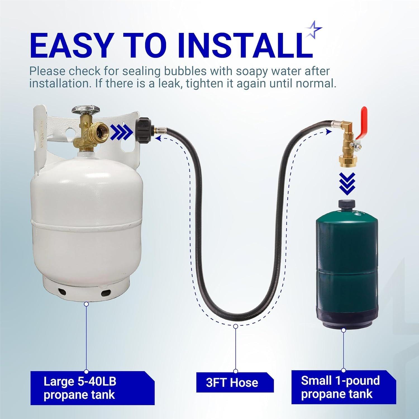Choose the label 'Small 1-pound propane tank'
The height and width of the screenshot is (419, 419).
pos(340,387)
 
